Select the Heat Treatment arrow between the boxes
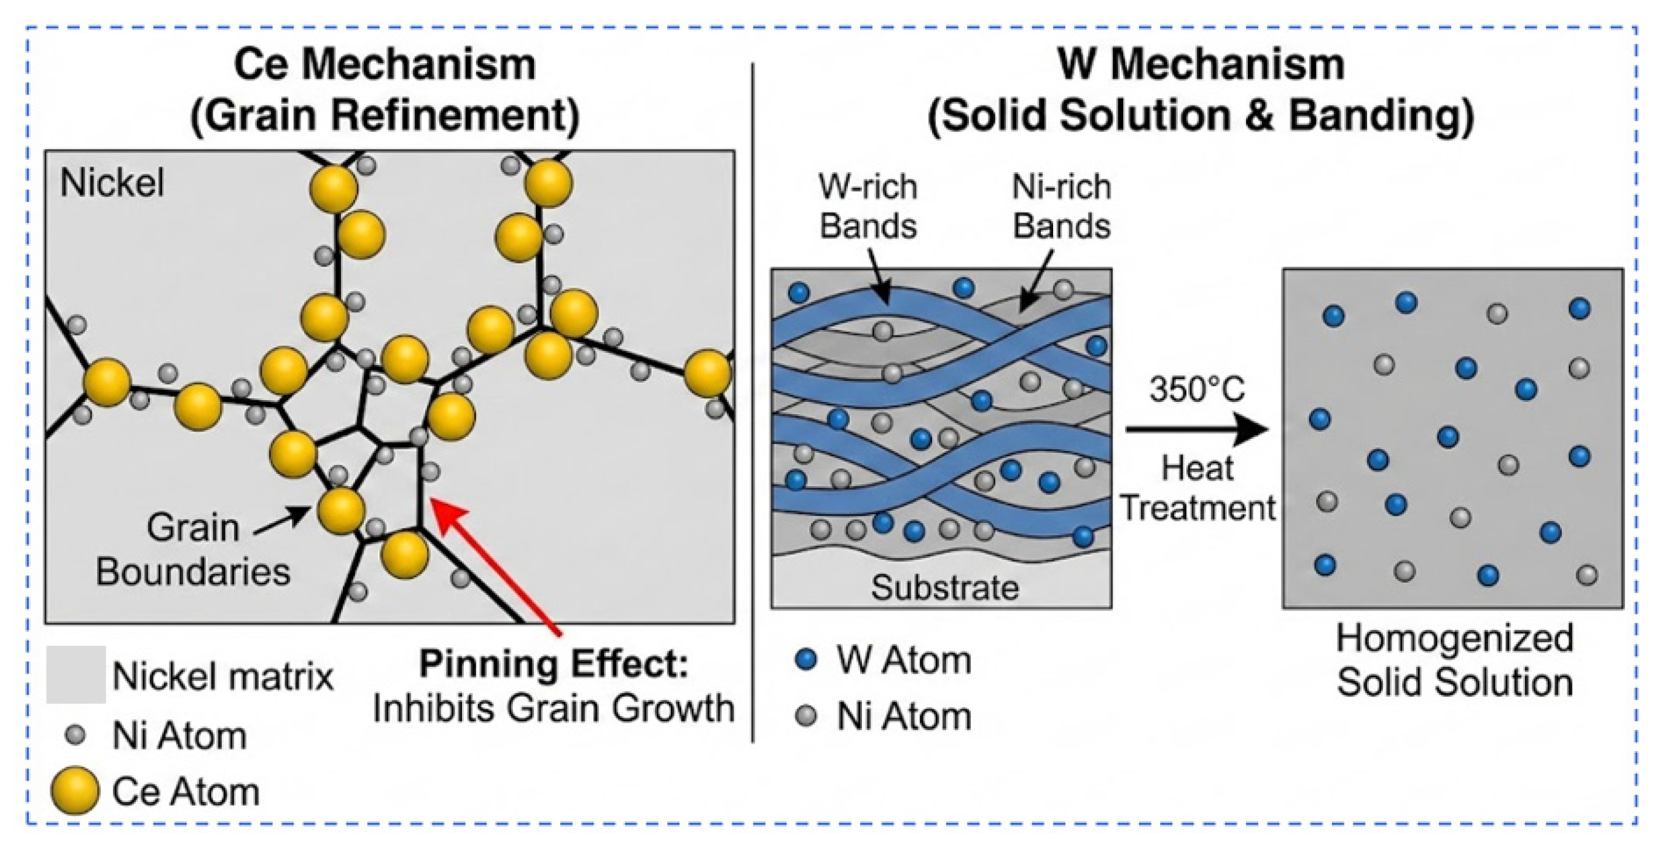point(1196,430)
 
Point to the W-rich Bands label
point(868,206)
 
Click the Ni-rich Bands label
point(1061,206)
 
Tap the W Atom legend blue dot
point(805,660)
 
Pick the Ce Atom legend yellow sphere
point(75,790)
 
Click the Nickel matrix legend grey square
point(76,675)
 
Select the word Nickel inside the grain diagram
point(112,183)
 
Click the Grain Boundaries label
point(193,549)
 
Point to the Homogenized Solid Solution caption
point(1454,659)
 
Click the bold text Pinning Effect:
point(554,664)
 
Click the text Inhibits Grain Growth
point(554,709)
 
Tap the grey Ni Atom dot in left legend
point(76,735)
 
